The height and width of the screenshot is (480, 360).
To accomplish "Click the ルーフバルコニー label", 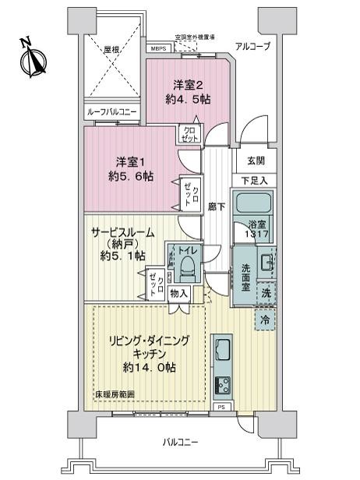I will tap(113, 112).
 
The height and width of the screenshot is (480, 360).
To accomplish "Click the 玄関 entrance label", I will tap(256, 161).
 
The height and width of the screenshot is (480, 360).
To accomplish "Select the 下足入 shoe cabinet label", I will tap(256, 181).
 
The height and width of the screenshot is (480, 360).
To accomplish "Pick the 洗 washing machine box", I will tap(265, 295).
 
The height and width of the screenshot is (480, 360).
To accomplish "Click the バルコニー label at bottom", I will tap(181, 442).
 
